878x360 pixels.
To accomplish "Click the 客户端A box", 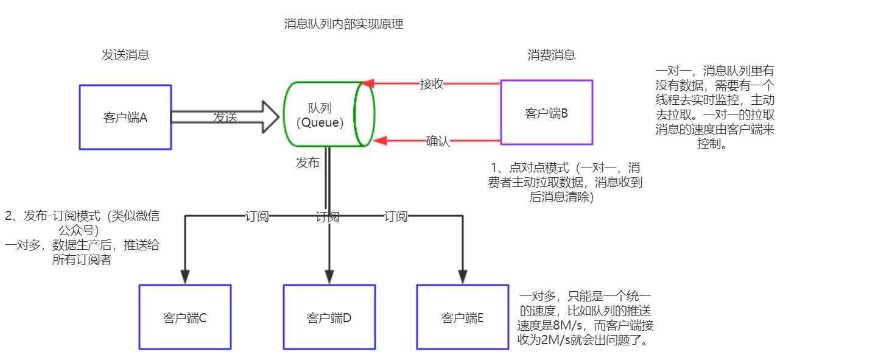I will (x=125, y=117).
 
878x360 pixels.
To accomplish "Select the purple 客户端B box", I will (x=546, y=113).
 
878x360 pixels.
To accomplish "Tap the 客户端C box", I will (x=185, y=317).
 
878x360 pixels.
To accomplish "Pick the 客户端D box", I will (x=329, y=317).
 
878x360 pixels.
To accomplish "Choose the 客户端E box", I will (x=462, y=317).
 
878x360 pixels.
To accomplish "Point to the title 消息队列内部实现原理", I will (x=343, y=24).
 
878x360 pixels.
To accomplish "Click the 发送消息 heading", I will (x=125, y=55).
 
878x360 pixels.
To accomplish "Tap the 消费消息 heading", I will (x=551, y=55).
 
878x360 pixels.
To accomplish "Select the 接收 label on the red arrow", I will (x=432, y=84).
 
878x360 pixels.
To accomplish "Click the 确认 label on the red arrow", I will (x=438, y=142).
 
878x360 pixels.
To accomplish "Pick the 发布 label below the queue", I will (x=307, y=163).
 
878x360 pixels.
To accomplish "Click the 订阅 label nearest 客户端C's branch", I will (x=257, y=216).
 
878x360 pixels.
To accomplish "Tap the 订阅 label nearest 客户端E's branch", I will (x=396, y=216).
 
